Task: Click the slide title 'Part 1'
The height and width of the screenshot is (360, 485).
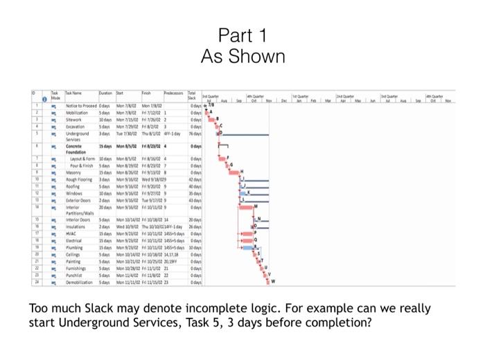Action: click(x=242, y=35)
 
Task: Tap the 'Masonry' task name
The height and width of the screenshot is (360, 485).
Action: click(x=76, y=172)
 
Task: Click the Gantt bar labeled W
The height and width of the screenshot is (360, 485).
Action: click(x=269, y=282)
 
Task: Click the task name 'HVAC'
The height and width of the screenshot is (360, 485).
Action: click(x=73, y=233)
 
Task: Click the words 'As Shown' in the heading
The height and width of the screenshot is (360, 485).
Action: click(x=242, y=56)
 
